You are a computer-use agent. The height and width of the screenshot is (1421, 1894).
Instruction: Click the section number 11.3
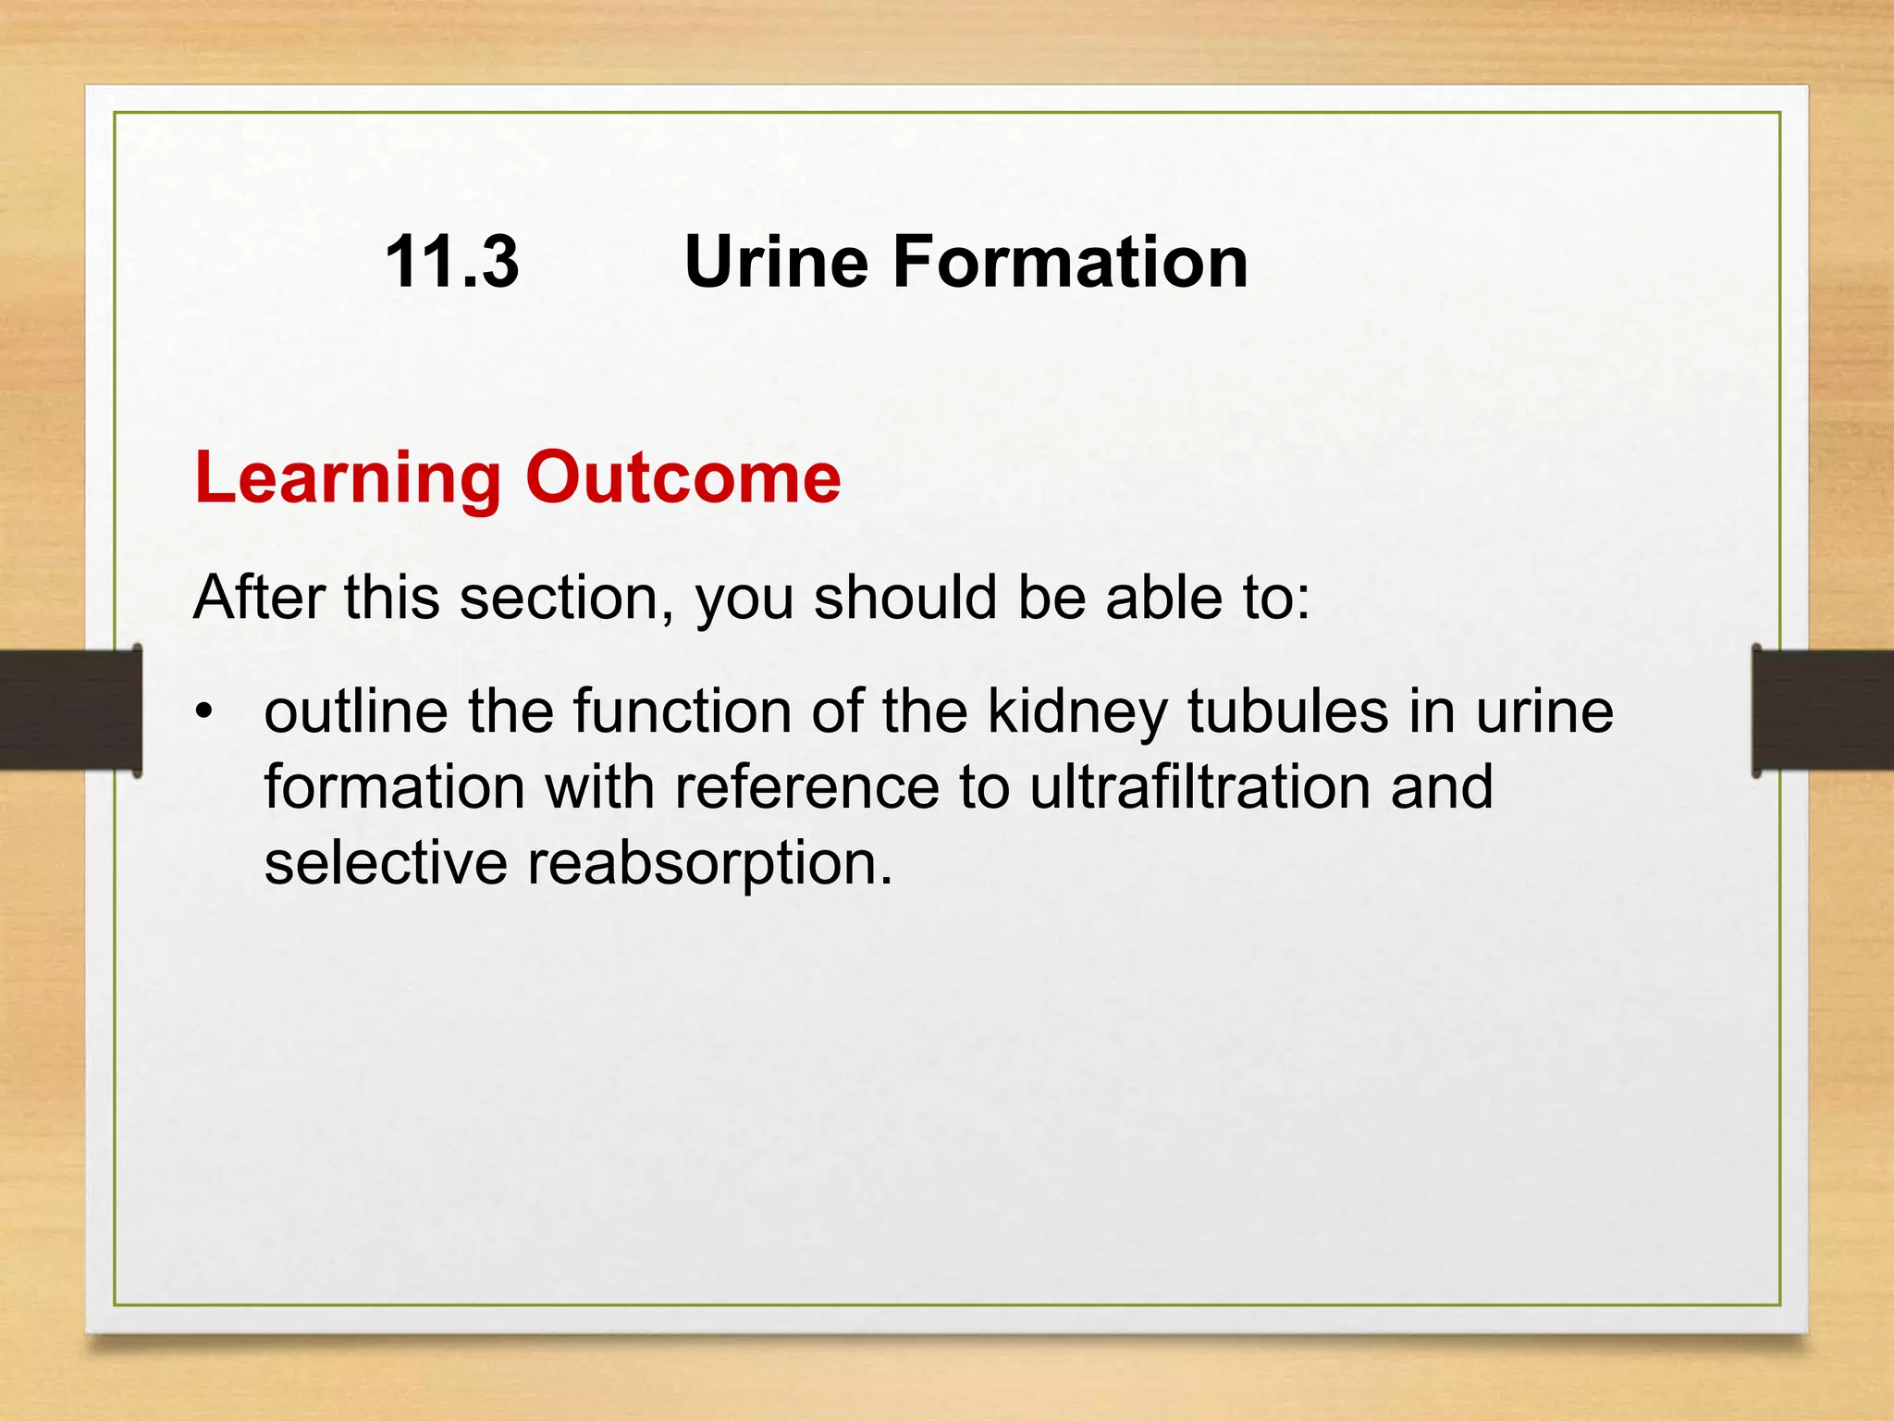(x=451, y=262)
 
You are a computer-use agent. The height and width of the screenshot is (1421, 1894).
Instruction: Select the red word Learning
(x=348, y=479)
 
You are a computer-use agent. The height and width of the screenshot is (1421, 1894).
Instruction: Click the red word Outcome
(x=683, y=477)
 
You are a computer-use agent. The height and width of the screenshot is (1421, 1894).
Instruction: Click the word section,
(x=567, y=599)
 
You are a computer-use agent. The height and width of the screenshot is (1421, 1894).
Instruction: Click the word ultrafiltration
(x=1199, y=786)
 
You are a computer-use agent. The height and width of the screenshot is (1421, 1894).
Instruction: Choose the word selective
(x=386, y=862)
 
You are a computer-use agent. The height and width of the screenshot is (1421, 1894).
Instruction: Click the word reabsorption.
(x=708, y=864)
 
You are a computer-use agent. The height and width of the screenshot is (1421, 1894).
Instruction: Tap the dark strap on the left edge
(x=70, y=710)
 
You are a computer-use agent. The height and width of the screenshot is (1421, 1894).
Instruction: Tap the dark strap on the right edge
(x=1822, y=710)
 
